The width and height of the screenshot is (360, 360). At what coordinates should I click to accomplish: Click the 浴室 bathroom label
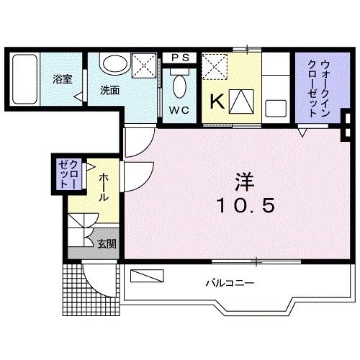(x=61, y=79)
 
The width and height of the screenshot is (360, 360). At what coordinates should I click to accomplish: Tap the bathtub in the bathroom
(x=25, y=79)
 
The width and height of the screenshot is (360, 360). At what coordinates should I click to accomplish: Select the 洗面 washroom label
(x=109, y=91)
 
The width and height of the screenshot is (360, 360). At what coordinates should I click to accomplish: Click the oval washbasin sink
(x=112, y=63)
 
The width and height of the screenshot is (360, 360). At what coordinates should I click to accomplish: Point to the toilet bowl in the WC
(x=179, y=89)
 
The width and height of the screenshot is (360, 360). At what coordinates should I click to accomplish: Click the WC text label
(x=179, y=111)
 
